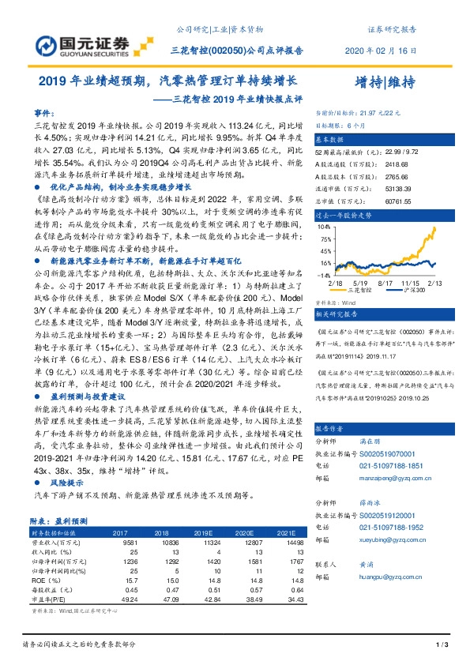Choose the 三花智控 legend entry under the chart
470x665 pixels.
point(367,290)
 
